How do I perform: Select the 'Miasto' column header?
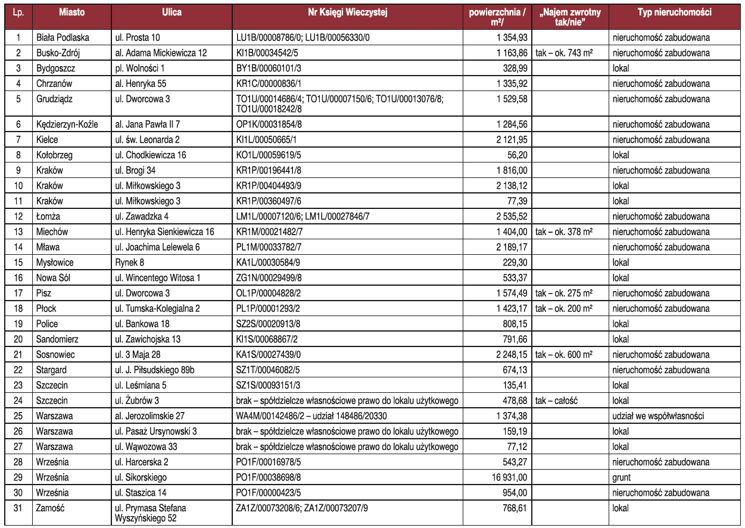tap(71, 13)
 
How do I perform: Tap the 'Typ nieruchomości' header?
tap(674, 13)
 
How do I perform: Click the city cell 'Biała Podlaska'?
tap(63, 38)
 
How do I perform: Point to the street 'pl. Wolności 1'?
tap(139, 68)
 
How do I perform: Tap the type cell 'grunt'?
tap(622, 477)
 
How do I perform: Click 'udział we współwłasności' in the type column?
tap(658, 416)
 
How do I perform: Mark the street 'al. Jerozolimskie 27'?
tap(152, 416)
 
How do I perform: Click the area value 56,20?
tap(516, 155)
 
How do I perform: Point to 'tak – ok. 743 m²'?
tap(563, 53)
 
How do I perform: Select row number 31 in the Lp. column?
tap(18, 508)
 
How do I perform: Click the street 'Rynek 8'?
tap(129, 263)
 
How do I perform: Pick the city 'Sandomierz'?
tap(57, 339)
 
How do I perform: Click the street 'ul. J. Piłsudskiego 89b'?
tap(155, 370)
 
